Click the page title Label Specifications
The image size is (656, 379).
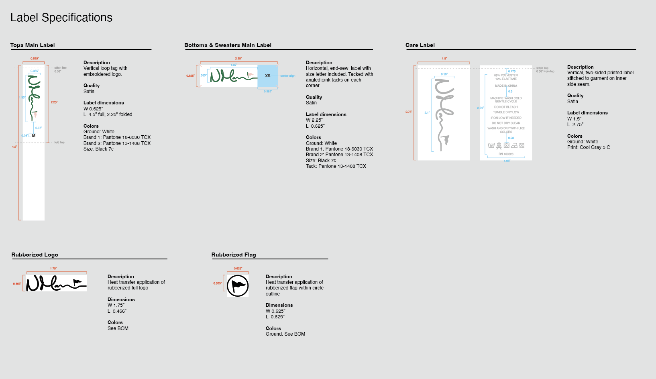61,18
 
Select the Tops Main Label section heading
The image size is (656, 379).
33,45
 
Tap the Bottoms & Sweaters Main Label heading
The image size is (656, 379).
228,45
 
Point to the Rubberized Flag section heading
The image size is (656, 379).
234,255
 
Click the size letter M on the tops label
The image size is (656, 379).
34,136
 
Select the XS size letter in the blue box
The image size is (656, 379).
267,76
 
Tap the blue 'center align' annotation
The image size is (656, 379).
287,76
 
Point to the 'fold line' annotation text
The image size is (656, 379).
59,143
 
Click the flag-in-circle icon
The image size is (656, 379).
238,286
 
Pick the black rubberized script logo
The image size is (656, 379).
56,283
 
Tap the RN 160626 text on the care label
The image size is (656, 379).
506,154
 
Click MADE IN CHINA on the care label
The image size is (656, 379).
506,86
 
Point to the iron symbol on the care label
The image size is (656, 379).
514,146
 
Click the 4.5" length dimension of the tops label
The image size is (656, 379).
14,147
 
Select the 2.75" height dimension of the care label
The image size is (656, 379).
409,112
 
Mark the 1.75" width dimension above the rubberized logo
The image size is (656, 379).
53,269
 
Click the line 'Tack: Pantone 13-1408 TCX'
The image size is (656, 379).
336,166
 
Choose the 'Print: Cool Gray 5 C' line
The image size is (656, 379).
588,147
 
